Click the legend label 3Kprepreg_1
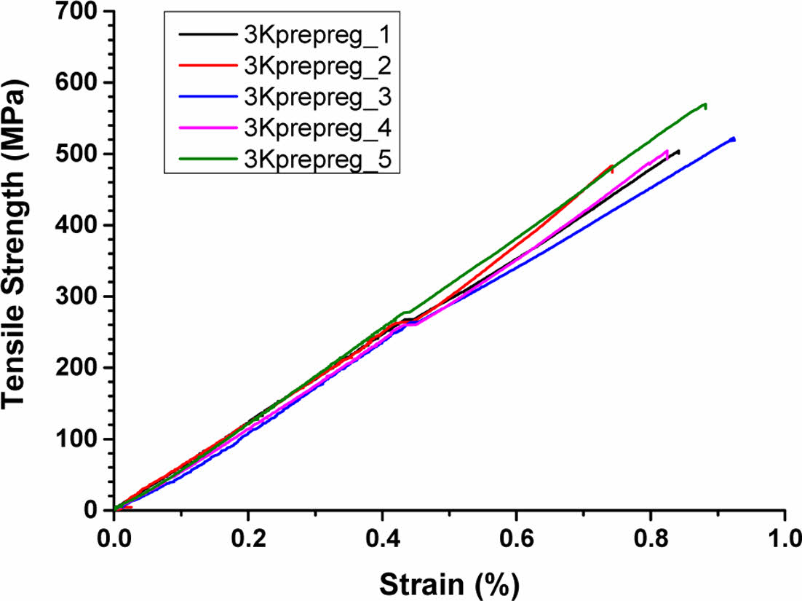point(318,34)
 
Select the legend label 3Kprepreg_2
point(318,66)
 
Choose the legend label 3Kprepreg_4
point(318,129)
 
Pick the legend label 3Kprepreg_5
point(318,160)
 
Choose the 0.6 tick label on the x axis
point(516,543)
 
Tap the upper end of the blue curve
point(733,138)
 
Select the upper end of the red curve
point(611,166)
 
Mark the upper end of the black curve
point(678,151)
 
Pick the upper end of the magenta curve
point(667,151)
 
